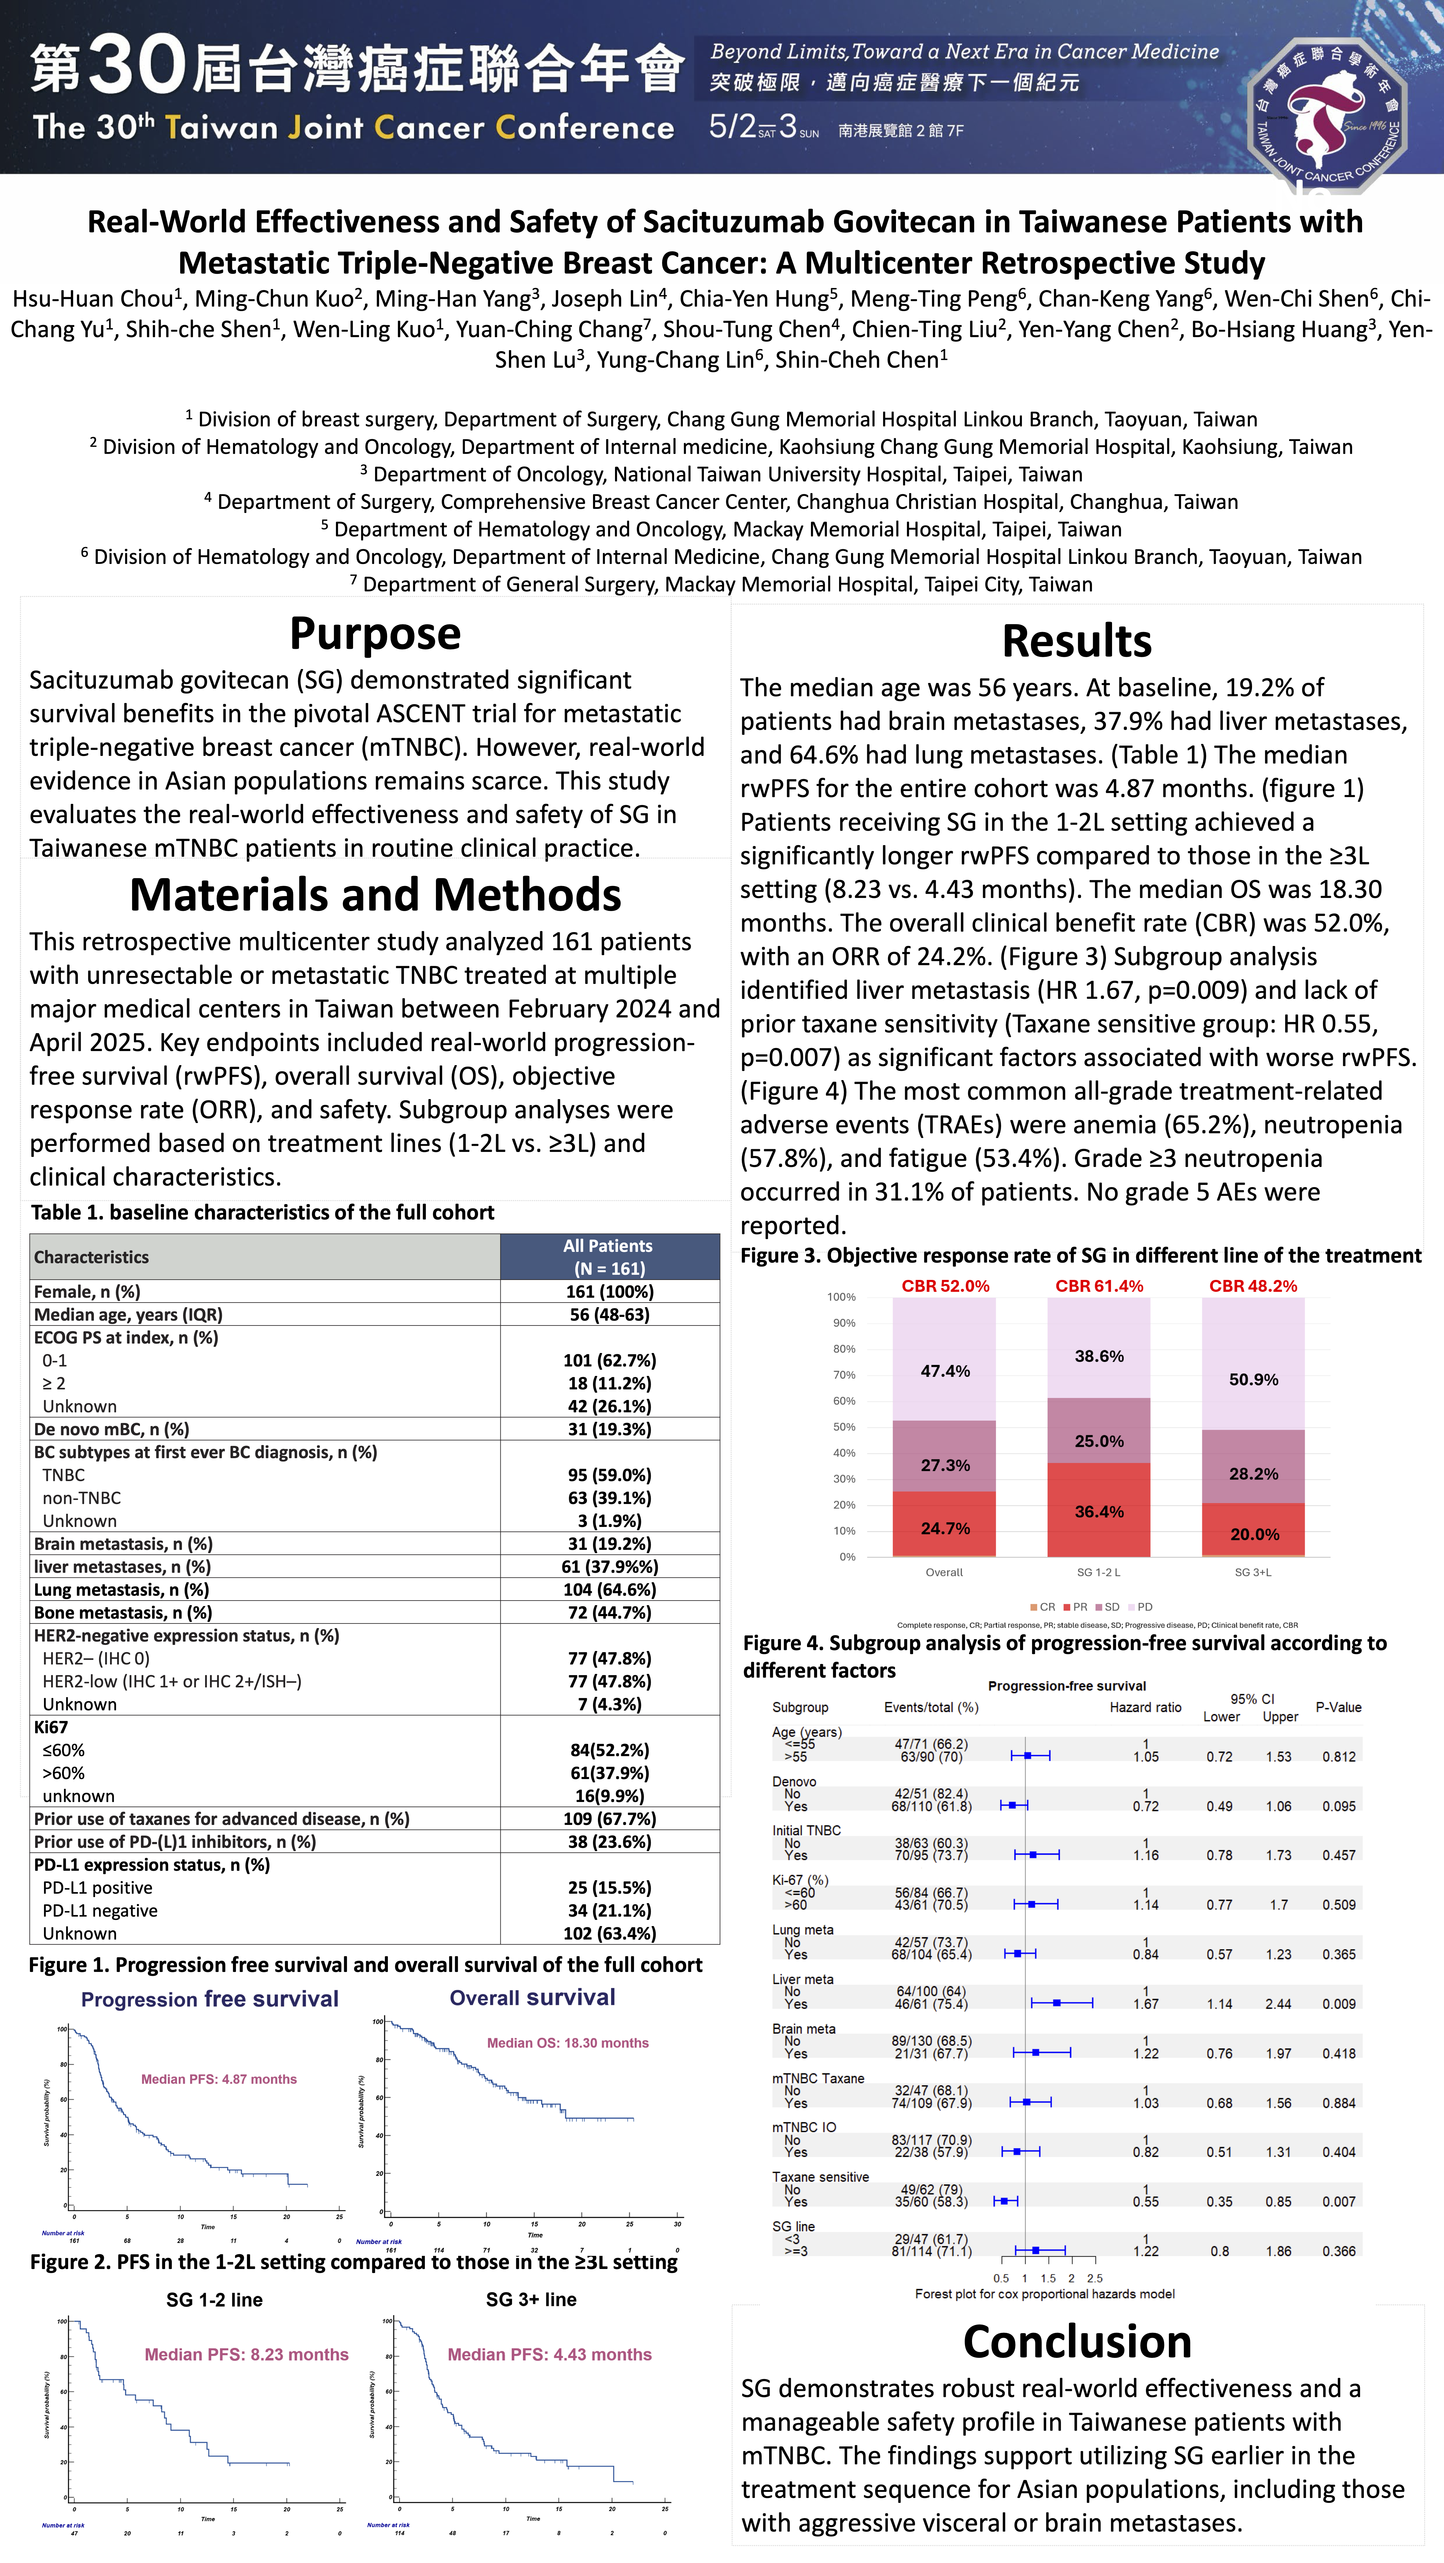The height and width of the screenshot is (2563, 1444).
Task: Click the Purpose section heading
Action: pos(375,634)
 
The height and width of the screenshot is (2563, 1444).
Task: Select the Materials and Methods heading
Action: pos(375,895)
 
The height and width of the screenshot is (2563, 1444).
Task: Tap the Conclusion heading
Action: pos(1077,2341)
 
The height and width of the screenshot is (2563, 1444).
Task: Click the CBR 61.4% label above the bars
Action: pos(1099,1285)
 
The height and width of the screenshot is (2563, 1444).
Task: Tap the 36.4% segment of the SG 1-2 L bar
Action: pos(1099,1511)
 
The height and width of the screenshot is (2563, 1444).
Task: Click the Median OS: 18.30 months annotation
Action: pos(567,2043)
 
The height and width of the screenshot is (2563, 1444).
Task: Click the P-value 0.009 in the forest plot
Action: pos(1339,2004)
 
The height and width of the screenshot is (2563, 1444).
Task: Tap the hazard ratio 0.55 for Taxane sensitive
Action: pos(1145,2202)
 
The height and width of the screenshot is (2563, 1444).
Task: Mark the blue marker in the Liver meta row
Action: pos(1057,2002)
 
